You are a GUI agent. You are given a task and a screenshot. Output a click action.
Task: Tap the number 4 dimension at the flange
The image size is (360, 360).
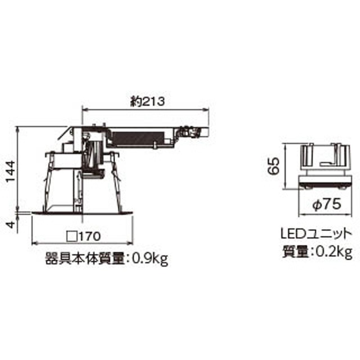(x=10, y=224)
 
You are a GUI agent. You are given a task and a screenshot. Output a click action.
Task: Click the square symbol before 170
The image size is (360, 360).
(x=71, y=236)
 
